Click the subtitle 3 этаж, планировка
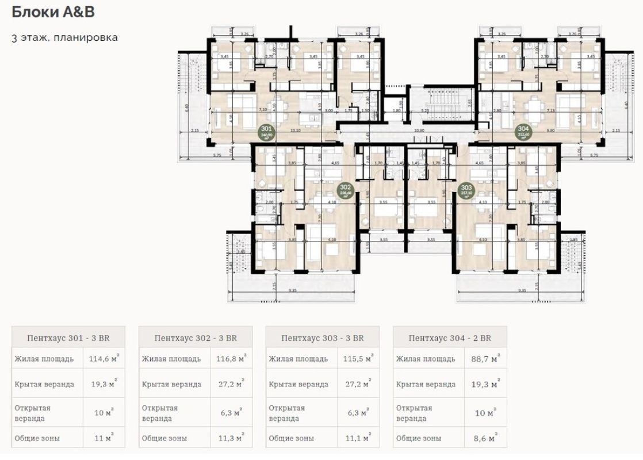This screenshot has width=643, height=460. [64, 38]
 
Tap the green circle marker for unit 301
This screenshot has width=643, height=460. [266, 132]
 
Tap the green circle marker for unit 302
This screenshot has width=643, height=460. [346, 190]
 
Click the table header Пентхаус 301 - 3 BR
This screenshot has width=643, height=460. [68, 338]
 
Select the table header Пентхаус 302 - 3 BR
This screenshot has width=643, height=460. [196, 338]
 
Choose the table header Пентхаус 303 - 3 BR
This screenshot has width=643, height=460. [323, 338]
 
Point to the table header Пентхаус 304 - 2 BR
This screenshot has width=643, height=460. [450, 338]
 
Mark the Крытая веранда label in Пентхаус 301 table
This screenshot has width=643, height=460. [44, 384]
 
